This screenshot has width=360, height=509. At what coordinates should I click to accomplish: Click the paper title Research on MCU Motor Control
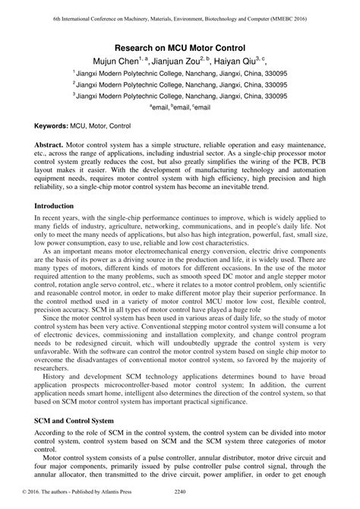[179, 47]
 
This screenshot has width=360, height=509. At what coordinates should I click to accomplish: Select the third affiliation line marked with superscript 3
[179, 97]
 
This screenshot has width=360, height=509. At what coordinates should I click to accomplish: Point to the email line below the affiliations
[179, 109]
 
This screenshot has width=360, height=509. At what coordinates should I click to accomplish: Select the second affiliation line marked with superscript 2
[179, 85]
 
